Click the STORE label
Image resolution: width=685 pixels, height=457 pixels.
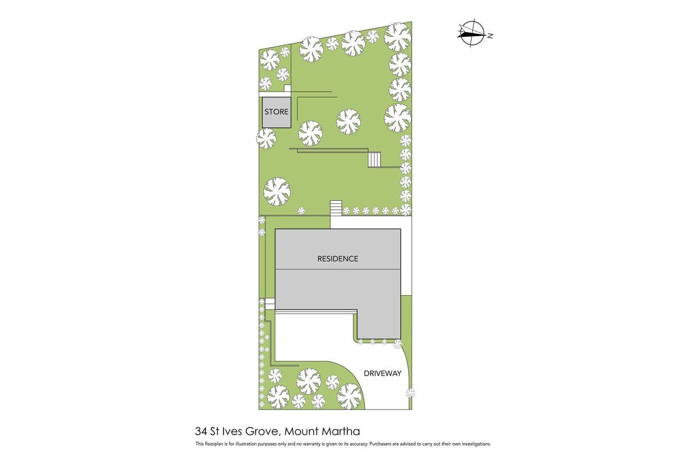pyautogui.click(x=276, y=112)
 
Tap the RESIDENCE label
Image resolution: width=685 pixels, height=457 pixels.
pyautogui.click(x=338, y=258)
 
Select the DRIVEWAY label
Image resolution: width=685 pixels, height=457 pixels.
pyautogui.click(x=383, y=373)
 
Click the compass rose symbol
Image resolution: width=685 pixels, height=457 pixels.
pyautogui.click(x=472, y=33)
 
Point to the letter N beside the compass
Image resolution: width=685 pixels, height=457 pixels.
pyautogui.click(x=490, y=36)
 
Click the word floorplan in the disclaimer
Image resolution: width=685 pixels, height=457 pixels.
pyautogui.click(x=213, y=444)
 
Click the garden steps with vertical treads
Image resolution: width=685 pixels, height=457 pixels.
pyautogui.click(x=374, y=160)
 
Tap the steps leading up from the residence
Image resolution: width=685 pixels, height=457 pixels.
pyautogui.click(x=336, y=208)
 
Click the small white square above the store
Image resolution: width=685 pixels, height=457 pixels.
pyautogui.click(x=287, y=89)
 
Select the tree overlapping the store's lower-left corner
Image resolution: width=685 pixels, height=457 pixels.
pyautogui.click(x=266, y=138)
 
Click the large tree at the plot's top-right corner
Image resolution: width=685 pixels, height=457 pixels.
pyautogui.click(x=397, y=37)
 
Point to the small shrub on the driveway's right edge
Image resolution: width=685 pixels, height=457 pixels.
pyautogui.click(x=410, y=393)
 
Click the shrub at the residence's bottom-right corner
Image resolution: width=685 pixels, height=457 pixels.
pyautogui.click(x=397, y=344)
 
